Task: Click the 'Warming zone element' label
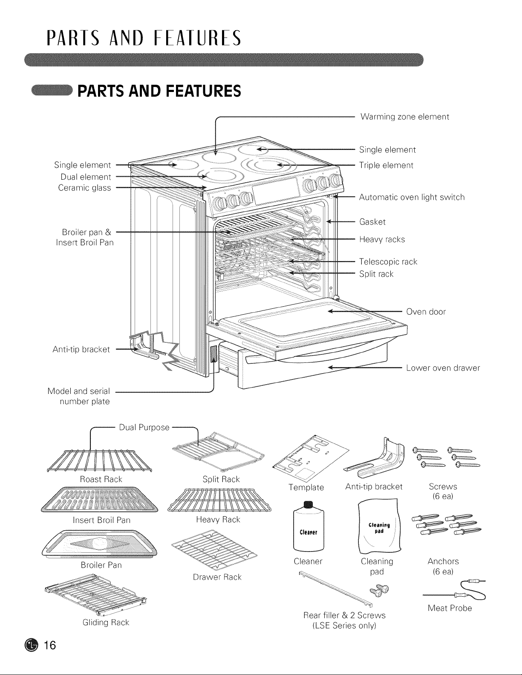point(404,117)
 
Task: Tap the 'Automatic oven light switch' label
point(412,197)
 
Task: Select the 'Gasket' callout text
point(372,222)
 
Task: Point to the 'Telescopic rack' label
point(388,262)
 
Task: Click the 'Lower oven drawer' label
point(443,368)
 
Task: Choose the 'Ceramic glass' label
point(84,188)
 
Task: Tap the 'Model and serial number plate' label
point(78,396)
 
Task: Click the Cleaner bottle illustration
point(309,526)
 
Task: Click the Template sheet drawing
point(310,457)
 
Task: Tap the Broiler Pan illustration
point(99,544)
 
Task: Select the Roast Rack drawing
point(99,461)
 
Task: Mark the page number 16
point(50,645)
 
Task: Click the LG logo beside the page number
point(32,646)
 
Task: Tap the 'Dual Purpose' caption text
point(144,428)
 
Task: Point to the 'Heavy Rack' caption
point(218,520)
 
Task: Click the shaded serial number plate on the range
point(214,354)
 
